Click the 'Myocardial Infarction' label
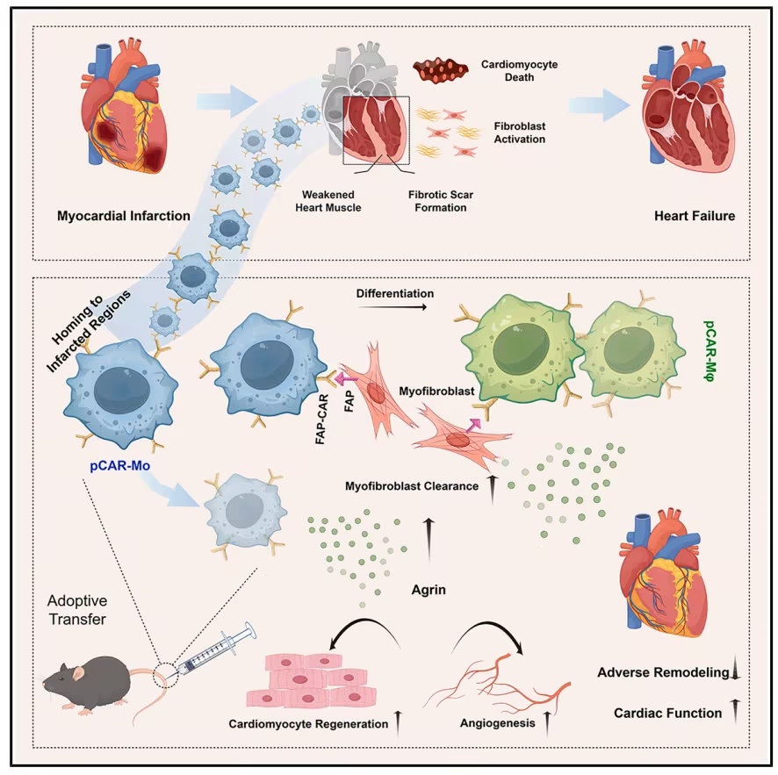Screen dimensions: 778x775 [x=124, y=216]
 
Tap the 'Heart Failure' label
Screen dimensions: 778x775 [x=695, y=216]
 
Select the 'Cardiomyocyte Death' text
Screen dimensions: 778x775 [x=519, y=71]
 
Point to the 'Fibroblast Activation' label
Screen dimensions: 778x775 [x=520, y=133]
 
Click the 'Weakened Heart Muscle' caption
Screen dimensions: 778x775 [x=328, y=201]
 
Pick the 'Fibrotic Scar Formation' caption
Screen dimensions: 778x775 [x=441, y=201]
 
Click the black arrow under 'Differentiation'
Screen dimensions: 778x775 [x=393, y=307]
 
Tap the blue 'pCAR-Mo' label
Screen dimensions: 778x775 [x=120, y=465]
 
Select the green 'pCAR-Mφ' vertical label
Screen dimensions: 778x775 [x=710, y=350]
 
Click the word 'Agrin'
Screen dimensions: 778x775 [x=429, y=590]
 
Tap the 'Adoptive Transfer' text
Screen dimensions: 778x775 [x=77, y=610]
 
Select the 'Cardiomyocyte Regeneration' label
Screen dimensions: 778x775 [x=308, y=724]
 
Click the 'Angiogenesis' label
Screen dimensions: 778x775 [x=497, y=723]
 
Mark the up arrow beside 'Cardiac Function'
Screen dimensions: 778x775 [x=736, y=711]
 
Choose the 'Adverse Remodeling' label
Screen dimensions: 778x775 [x=663, y=672]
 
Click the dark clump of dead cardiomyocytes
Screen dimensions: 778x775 [x=441, y=70]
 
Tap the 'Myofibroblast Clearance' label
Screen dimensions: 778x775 [x=412, y=486]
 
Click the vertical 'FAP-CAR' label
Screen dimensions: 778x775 [x=321, y=419]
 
